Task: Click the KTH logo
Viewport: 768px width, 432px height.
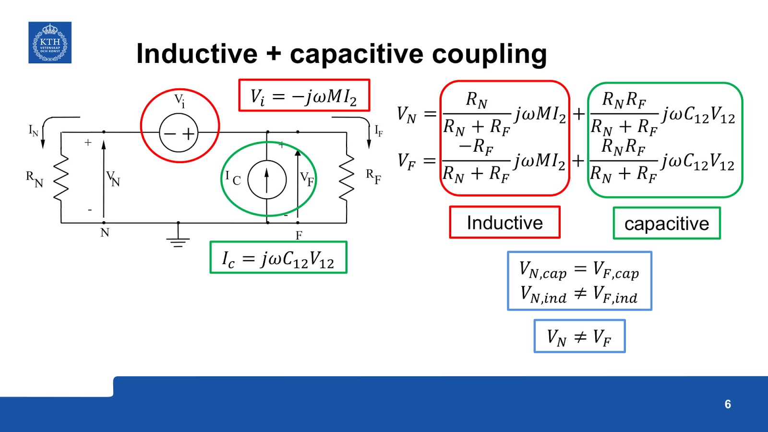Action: (x=50, y=43)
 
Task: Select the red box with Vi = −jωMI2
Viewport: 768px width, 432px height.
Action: (x=304, y=96)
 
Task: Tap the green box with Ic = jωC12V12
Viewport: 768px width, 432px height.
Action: (x=278, y=258)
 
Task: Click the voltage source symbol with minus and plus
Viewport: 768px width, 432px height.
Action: (x=179, y=132)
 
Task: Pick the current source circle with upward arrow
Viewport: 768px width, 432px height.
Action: (x=267, y=180)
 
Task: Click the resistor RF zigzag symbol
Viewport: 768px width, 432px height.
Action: (x=347, y=178)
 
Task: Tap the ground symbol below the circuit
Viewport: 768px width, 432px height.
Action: (x=178, y=240)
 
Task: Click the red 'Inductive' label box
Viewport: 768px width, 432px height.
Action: (x=504, y=223)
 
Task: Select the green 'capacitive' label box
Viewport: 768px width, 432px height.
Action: (x=667, y=223)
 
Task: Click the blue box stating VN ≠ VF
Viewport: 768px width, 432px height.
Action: (x=579, y=336)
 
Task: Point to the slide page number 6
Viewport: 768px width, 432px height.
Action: (x=728, y=404)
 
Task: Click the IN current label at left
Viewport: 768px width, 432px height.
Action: (x=33, y=131)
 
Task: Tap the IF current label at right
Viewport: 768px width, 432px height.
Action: (x=379, y=131)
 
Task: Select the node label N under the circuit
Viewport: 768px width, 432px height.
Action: (x=105, y=233)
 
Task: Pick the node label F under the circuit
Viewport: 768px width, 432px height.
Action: (x=299, y=235)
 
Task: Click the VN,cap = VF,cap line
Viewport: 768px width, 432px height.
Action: (x=579, y=270)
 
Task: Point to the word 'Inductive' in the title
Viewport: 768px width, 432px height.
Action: (x=197, y=54)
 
